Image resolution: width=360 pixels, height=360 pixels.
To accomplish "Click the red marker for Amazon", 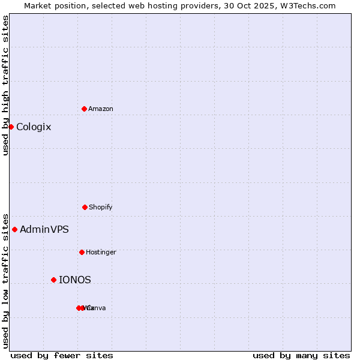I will [x=84, y=109].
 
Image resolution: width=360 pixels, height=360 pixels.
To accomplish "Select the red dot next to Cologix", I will [x=11, y=127].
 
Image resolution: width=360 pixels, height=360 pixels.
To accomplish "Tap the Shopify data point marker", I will [x=85, y=207].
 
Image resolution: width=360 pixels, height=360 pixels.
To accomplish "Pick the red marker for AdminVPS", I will [x=14, y=229].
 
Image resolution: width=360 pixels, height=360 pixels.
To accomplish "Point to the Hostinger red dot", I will [x=82, y=252].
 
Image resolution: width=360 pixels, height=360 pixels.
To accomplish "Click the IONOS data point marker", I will [x=53, y=280].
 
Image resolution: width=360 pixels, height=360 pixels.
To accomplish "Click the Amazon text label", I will [x=101, y=109].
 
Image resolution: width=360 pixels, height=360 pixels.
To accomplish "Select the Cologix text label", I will [x=34, y=127].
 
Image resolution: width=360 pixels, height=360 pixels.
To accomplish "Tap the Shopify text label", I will [x=101, y=207].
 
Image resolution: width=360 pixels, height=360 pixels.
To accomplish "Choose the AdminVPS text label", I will [x=44, y=229].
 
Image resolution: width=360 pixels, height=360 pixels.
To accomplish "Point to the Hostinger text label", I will [x=101, y=252].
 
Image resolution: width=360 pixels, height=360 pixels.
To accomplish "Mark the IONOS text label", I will [x=75, y=280].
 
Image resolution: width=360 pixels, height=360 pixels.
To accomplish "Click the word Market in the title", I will [x=38, y=5].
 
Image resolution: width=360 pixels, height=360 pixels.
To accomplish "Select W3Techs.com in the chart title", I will [x=308, y=5].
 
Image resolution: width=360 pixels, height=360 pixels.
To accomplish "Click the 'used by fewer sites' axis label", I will [x=62, y=355].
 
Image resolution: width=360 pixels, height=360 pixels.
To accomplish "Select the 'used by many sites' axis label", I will [x=301, y=355].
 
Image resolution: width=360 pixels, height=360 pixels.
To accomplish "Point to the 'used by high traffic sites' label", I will [x=5, y=85].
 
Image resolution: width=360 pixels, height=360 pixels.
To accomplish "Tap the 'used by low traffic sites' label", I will [x=5, y=280].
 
